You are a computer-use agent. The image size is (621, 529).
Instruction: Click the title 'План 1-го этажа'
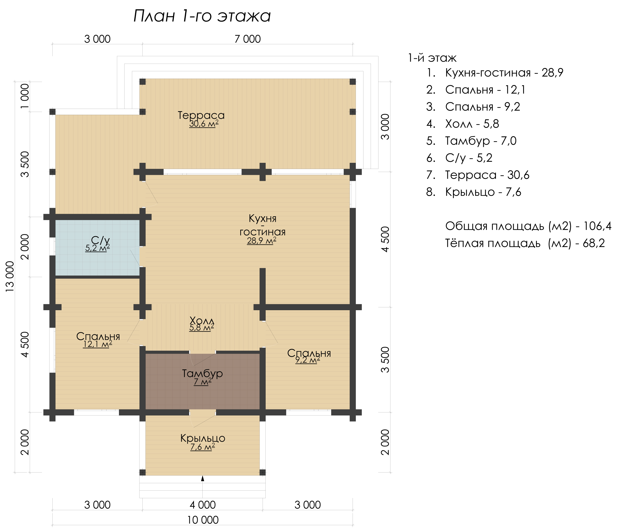(202, 16)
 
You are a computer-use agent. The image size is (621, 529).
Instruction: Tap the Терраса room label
(201, 115)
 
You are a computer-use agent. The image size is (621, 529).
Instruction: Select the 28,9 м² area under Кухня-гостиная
(262, 240)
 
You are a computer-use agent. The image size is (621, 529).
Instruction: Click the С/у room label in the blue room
(100, 240)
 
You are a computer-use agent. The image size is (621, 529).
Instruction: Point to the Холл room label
(202, 320)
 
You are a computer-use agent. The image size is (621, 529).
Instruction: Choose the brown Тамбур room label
(203, 373)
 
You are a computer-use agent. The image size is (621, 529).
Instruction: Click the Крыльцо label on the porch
(203, 438)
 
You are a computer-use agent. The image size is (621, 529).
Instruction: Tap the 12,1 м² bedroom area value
(98, 344)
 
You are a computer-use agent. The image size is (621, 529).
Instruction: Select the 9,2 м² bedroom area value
(308, 360)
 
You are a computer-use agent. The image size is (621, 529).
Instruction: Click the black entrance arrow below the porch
(203, 479)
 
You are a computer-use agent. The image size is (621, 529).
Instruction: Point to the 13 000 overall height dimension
(10, 277)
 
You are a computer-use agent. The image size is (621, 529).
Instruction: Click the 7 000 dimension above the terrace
(247, 39)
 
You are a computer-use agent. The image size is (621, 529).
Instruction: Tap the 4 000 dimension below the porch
(203, 505)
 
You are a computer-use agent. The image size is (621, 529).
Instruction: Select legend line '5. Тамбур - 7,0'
(471, 141)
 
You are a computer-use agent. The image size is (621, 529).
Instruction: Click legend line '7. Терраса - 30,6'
(478, 175)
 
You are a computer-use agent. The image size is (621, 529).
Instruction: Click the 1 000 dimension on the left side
(25, 96)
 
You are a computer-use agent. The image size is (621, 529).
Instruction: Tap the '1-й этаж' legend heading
(432, 58)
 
